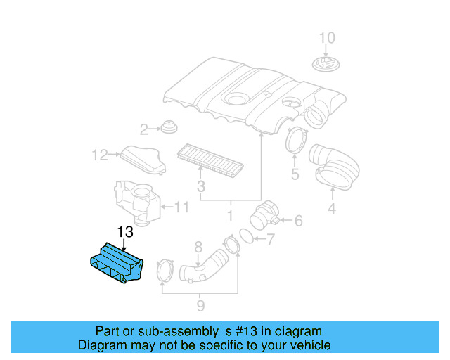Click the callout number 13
tap(124, 232)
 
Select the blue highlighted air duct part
tap(116, 263)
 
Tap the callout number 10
tap(328, 38)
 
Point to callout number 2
tap(144, 129)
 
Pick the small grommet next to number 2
tap(168, 128)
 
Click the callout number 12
tap(99, 154)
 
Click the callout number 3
tap(200, 186)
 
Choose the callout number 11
tap(181, 207)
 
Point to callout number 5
tap(295, 173)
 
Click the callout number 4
tap(331, 208)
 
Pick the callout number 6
tap(298, 221)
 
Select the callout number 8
tap(198, 246)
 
